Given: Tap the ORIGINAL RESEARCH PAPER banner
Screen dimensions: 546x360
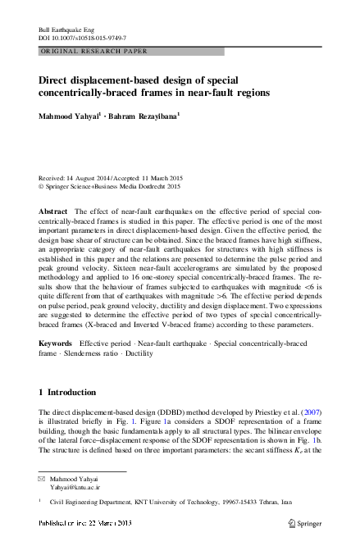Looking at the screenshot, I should point(93,51).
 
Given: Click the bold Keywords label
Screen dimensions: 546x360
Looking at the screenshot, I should point(56,340).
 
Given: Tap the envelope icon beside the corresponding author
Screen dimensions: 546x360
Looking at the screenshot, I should point(43,478).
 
